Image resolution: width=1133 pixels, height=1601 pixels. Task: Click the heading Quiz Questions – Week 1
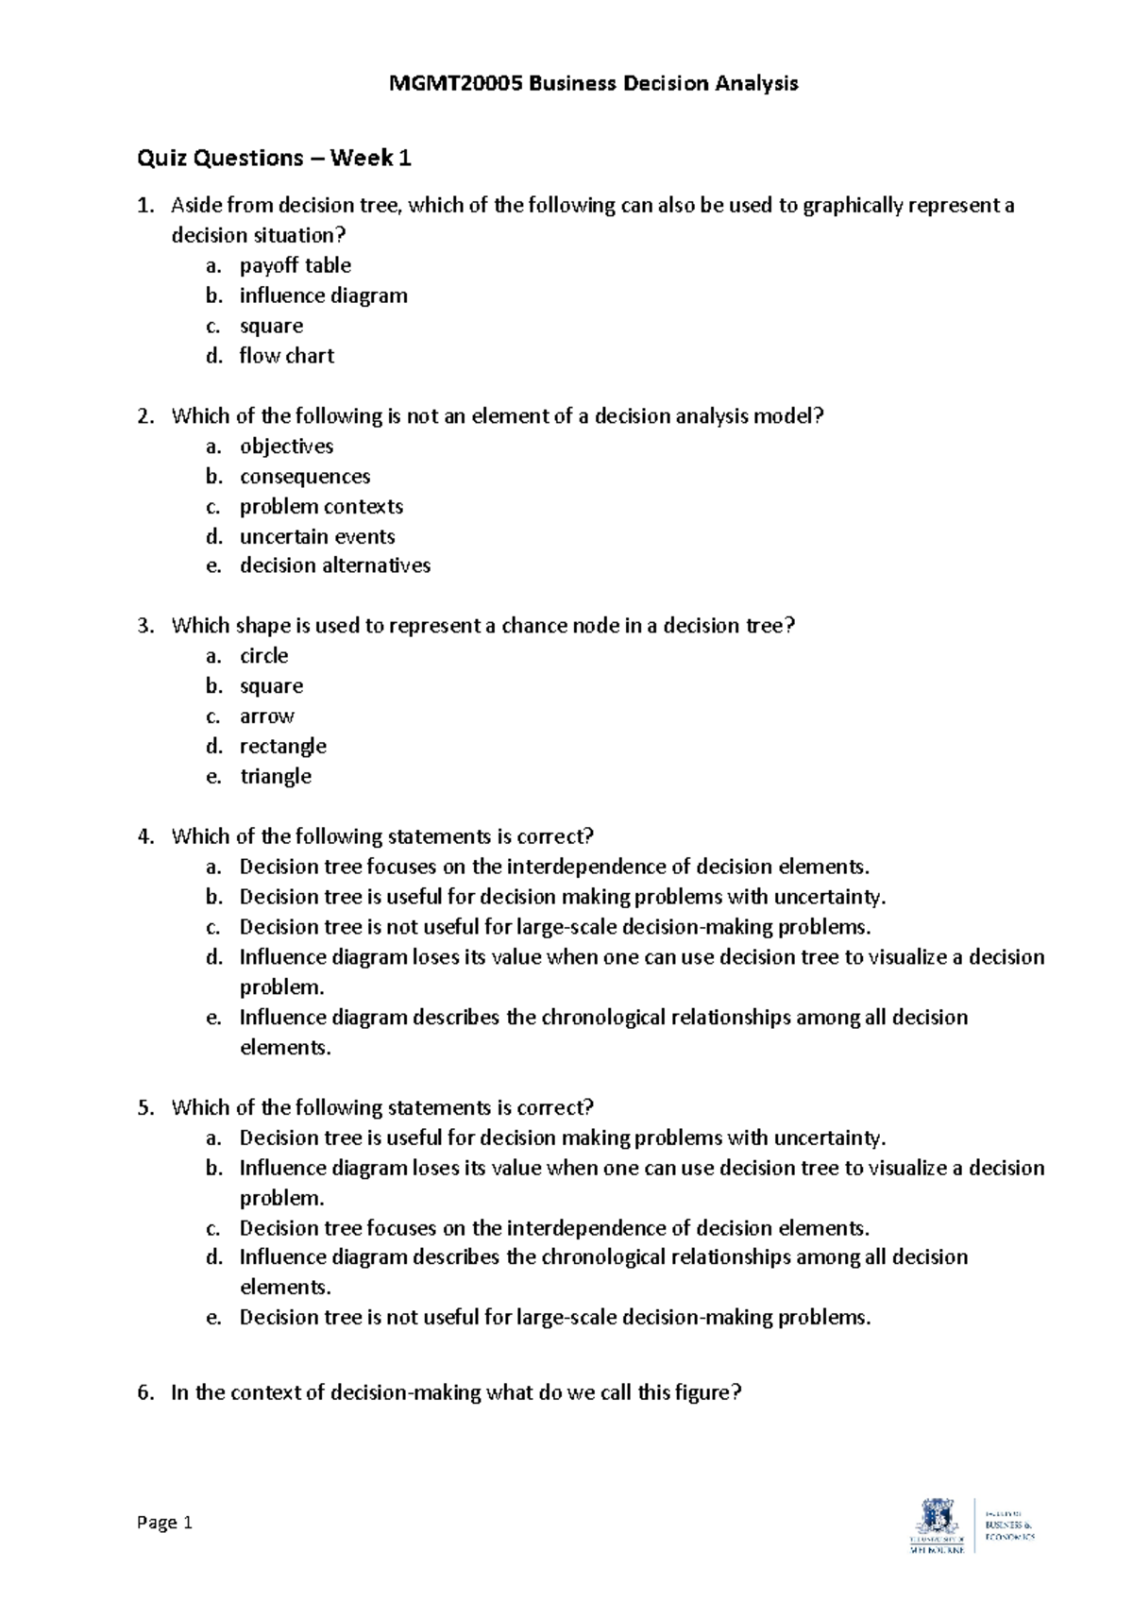point(274,158)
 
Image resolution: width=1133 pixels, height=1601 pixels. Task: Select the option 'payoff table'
point(295,265)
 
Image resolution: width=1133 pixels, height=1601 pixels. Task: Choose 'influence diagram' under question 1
point(323,295)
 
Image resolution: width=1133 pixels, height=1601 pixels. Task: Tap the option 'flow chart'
point(286,356)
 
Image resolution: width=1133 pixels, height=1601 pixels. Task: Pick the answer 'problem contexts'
point(321,506)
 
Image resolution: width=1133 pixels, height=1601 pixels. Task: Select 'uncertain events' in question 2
point(317,536)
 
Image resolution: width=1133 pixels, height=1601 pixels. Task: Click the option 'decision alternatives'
point(334,565)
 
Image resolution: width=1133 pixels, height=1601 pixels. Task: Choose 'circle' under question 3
point(263,655)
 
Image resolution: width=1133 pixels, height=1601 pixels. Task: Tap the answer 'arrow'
point(266,716)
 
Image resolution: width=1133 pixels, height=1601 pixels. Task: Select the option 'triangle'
point(275,776)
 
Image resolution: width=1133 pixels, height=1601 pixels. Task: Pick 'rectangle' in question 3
point(282,746)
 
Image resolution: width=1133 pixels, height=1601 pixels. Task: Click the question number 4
point(144,836)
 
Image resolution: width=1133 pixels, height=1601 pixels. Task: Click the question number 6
point(144,1392)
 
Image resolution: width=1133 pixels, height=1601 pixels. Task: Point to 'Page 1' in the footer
point(164,1523)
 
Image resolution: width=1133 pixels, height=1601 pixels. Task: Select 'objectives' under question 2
point(286,446)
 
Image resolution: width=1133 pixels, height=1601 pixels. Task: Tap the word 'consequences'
point(304,476)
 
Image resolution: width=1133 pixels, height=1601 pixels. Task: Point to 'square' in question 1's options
point(271,326)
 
